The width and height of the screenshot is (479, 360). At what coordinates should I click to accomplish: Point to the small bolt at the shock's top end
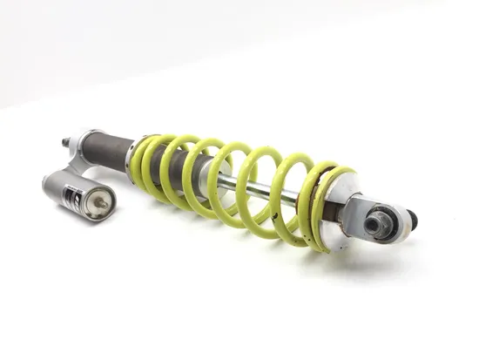tap(65, 141)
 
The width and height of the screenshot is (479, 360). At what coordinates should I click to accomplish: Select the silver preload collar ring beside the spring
tap(132, 158)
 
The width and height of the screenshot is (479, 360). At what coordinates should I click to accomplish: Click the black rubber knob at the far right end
tap(411, 220)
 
